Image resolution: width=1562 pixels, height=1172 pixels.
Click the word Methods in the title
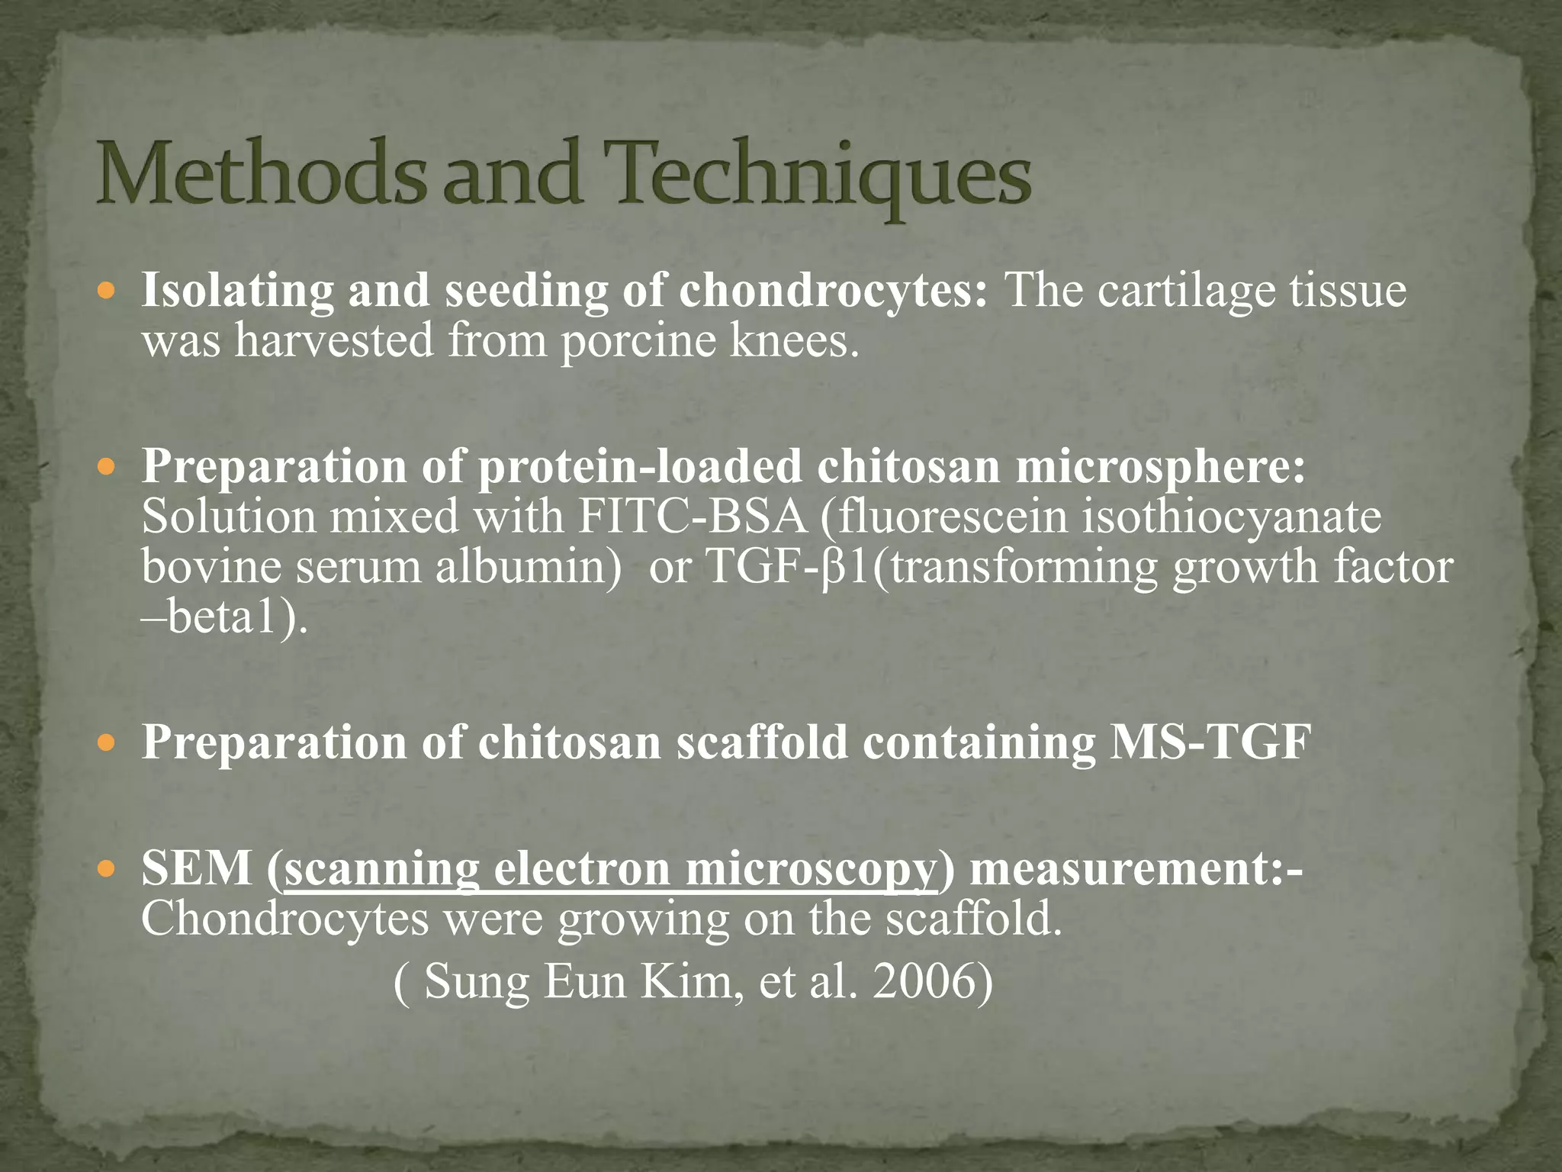click(x=259, y=174)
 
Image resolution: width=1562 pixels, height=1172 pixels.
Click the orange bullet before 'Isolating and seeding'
click(x=108, y=291)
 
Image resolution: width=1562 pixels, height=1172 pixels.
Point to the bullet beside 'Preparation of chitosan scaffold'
click(x=108, y=742)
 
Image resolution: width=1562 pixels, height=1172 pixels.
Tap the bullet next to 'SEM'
click(x=108, y=868)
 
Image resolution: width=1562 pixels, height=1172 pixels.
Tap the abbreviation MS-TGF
click(x=1210, y=742)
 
